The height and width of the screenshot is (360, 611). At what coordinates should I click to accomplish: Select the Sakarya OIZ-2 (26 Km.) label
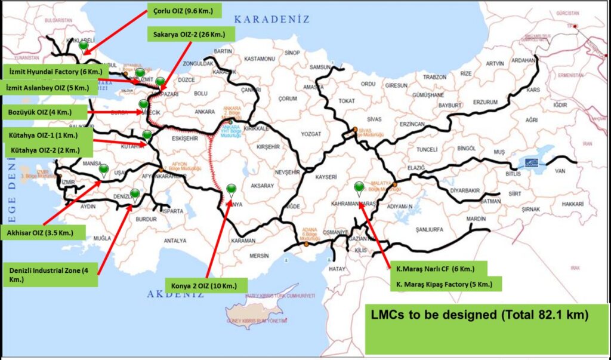[190, 34]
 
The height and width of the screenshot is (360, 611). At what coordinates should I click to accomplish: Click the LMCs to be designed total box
[486, 328]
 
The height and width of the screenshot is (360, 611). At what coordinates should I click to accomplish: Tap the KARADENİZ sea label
[271, 19]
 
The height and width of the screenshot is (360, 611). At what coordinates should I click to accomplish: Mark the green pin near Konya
[231, 189]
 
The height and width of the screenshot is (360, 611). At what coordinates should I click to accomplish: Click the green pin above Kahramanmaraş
[359, 187]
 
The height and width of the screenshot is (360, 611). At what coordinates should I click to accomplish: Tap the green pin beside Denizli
[135, 193]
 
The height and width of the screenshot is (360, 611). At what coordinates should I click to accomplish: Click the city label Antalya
[175, 241]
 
